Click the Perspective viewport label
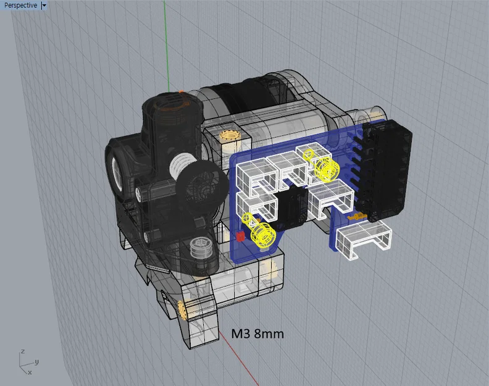20,6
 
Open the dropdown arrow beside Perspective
44,6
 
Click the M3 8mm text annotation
257,334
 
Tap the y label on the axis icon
37,362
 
